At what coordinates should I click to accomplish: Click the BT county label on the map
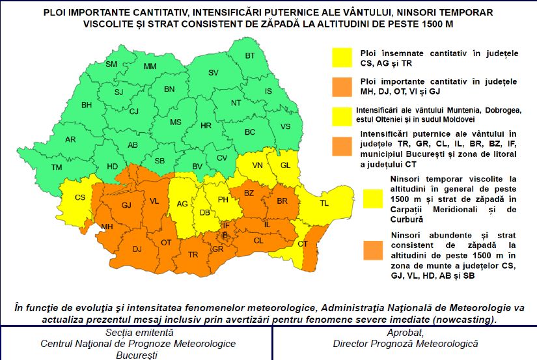coord(250,56)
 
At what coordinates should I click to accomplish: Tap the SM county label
coord(111,64)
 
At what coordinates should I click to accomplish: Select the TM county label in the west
coord(57,167)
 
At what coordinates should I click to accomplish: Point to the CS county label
coord(80,197)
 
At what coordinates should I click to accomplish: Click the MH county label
coord(106,227)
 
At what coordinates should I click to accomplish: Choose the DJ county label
coord(137,249)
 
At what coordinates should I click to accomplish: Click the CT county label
coord(303,243)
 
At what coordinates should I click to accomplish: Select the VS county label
coord(285,126)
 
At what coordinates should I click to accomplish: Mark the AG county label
coord(183,204)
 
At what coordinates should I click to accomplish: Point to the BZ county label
coord(249,193)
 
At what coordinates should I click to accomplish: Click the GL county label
coord(284,165)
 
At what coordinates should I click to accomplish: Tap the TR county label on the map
coord(193,255)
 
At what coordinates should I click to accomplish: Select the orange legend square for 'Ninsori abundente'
coord(374,249)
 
